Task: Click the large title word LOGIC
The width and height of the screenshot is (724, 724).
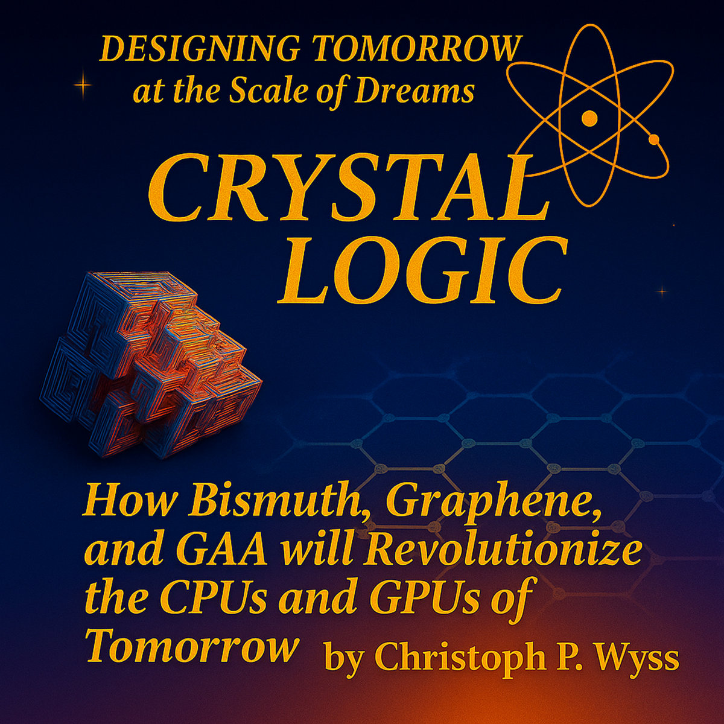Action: (422, 271)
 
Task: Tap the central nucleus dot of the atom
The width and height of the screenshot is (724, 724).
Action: (589, 118)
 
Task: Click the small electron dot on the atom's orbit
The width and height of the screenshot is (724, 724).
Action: (654, 140)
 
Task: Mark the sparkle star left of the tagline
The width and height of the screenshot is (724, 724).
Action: (83, 86)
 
